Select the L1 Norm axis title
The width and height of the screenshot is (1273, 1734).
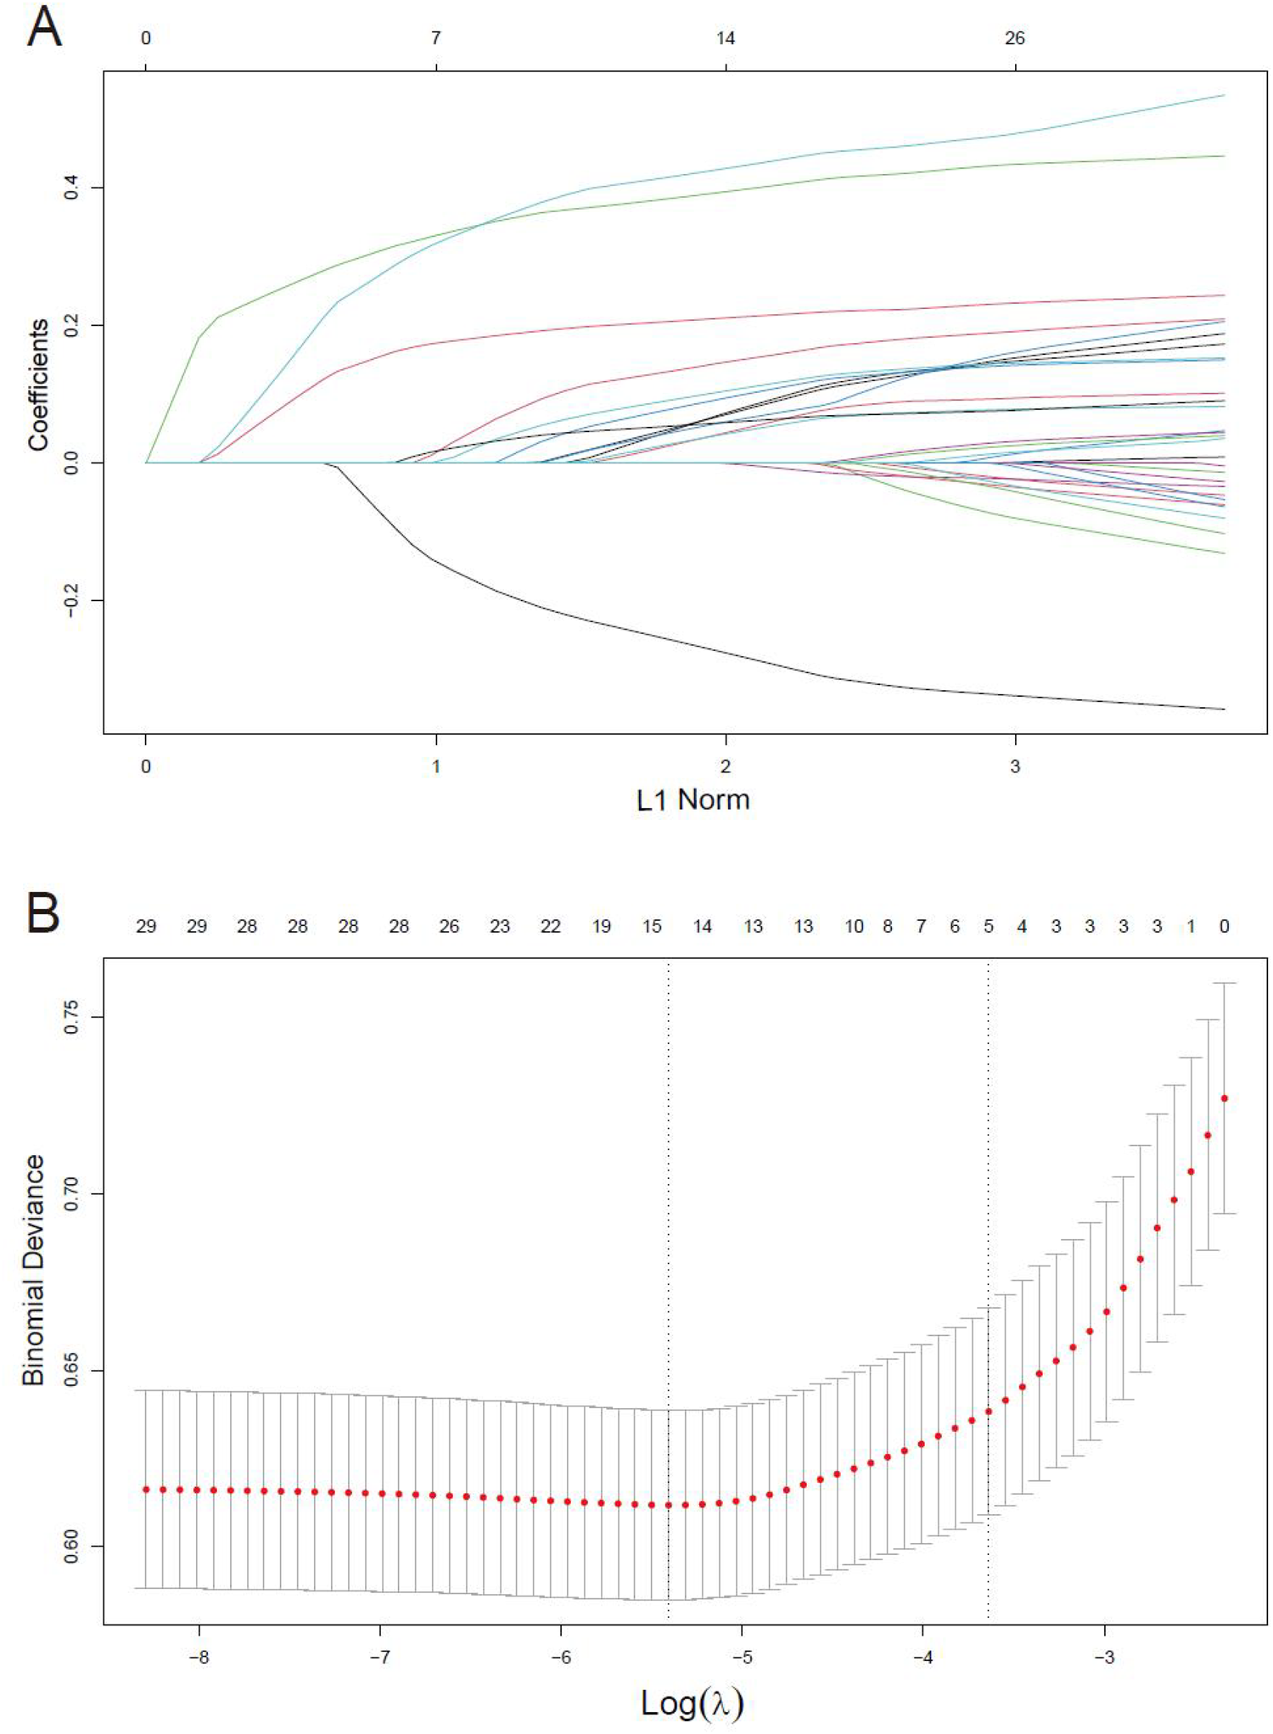[x=693, y=800]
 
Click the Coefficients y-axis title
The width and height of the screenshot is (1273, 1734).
[x=38, y=384]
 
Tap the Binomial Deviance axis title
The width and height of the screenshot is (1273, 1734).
[x=34, y=1270]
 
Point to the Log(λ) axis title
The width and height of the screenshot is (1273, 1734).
[x=693, y=1703]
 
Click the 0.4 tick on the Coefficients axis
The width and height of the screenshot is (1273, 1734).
[x=71, y=187]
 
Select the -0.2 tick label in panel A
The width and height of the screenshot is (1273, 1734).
[x=71, y=600]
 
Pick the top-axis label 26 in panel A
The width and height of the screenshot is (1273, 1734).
[x=1015, y=38]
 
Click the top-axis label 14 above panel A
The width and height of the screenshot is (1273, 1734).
[x=725, y=38]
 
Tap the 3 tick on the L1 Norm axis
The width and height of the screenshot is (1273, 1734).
[x=1015, y=766]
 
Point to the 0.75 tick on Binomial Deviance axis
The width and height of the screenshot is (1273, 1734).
[x=71, y=1016]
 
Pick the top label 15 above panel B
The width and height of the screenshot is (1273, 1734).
[x=652, y=926]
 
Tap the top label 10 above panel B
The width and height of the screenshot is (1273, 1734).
[x=854, y=926]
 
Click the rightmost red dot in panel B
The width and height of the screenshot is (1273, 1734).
[x=1224, y=1098]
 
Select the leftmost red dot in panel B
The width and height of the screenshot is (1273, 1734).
[x=146, y=1490]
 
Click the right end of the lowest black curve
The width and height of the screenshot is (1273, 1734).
[x=1223, y=709]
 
